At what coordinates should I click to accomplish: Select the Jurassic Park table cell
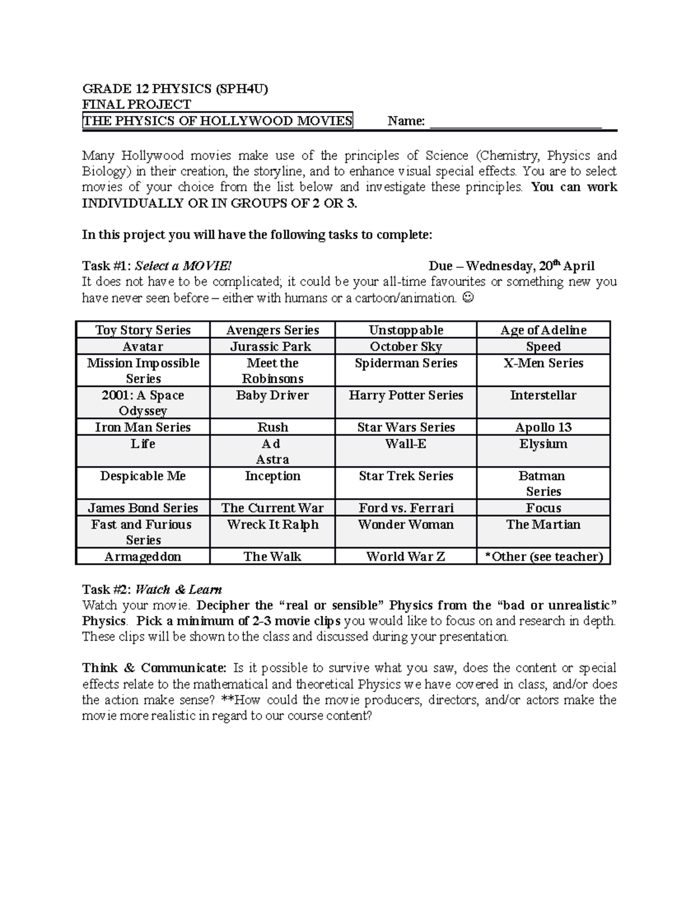coord(272,347)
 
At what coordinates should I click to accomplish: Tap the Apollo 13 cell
coord(543,427)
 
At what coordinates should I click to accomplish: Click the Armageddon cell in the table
coord(142,557)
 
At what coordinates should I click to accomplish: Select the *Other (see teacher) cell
coord(543,557)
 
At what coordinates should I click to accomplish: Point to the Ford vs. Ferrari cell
coord(405,508)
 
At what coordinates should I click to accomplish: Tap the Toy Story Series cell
coord(142,330)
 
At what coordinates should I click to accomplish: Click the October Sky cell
coord(405,347)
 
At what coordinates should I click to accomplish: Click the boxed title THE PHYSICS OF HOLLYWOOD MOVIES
coord(218,121)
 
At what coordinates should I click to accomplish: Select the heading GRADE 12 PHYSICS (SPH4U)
coord(175,89)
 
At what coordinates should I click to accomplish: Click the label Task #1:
coord(107,266)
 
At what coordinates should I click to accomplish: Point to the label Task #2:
coord(107,589)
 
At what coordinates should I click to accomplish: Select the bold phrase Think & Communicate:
coord(155,668)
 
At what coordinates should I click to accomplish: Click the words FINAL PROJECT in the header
coord(136,104)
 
